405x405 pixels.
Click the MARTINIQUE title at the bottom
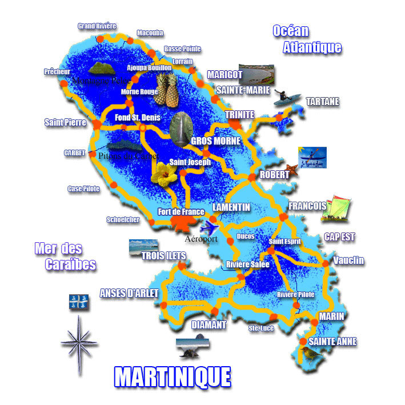[173, 377]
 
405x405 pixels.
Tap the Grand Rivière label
[97, 26]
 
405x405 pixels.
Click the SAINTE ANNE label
[332, 342]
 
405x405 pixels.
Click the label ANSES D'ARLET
[129, 293]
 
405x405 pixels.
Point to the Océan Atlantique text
[306, 39]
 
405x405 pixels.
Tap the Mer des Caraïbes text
[64, 256]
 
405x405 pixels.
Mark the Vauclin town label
[348, 260]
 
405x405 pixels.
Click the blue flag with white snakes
[79, 302]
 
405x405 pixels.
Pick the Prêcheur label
[57, 72]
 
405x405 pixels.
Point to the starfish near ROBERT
[292, 169]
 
